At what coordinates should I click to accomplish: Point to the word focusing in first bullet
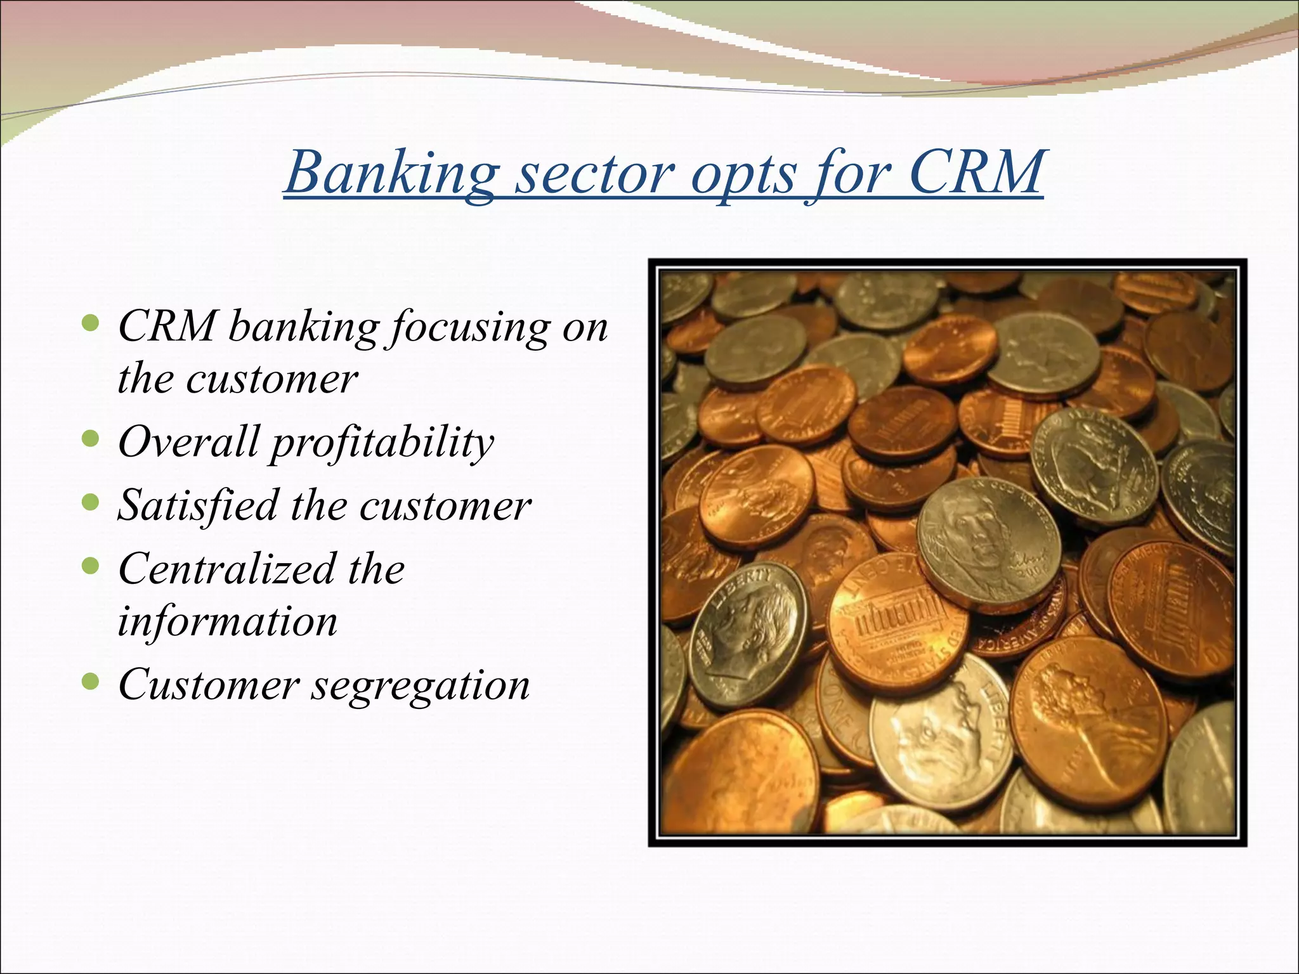click(x=467, y=328)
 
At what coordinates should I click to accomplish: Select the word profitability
click(x=382, y=443)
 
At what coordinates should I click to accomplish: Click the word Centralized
click(x=226, y=568)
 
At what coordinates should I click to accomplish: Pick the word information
click(x=227, y=621)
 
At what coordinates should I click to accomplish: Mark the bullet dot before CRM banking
click(x=91, y=325)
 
